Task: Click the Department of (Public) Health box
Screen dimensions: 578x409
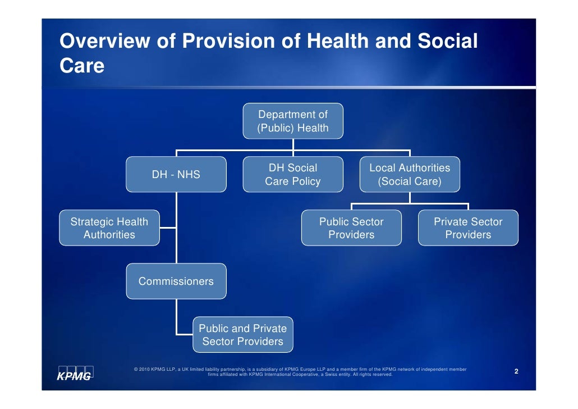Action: coord(293,121)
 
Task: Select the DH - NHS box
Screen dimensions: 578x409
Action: coord(176,174)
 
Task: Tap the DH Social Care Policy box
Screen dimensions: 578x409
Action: coord(293,174)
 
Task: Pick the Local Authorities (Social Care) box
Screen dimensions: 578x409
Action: coord(410,174)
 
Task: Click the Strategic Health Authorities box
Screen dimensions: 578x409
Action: coord(109,228)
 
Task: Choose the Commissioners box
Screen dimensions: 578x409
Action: coord(176,281)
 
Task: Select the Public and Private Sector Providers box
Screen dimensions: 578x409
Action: coord(242,335)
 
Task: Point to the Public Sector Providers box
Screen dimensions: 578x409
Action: coord(351,228)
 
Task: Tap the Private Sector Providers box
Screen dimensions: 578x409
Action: coord(468,228)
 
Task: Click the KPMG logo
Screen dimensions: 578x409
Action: coord(74,373)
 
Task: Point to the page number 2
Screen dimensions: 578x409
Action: coord(516,372)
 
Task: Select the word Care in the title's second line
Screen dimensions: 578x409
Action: coord(82,66)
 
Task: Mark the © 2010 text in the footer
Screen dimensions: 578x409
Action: coord(143,369)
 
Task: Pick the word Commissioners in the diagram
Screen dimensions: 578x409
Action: coord(176,281)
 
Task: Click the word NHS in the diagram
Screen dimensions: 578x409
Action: coord(188,175)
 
